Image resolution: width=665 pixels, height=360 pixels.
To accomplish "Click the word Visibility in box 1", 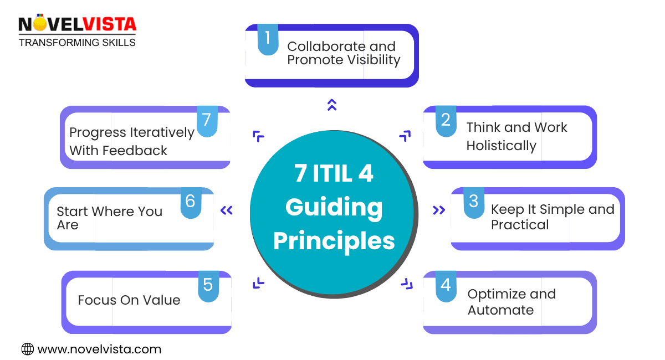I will tap(372, 60).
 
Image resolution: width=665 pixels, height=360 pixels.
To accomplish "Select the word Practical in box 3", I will tap(520, 225).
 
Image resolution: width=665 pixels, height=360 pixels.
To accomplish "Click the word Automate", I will tap(500, 310).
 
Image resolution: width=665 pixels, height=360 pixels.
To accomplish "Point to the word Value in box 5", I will tap(162, 300).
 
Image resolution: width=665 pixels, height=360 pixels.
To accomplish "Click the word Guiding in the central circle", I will tap(334, 207).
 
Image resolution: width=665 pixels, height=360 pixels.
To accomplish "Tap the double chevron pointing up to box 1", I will tap(332, 105).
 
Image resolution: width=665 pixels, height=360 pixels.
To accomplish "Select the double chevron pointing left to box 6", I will tap(226, 210).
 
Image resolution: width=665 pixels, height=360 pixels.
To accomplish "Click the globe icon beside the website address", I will tap(27, 349).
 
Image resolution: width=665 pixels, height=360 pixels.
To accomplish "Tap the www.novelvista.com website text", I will tap(99, 349).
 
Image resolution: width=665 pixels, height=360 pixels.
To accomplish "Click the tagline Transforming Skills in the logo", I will tap(77, 42).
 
